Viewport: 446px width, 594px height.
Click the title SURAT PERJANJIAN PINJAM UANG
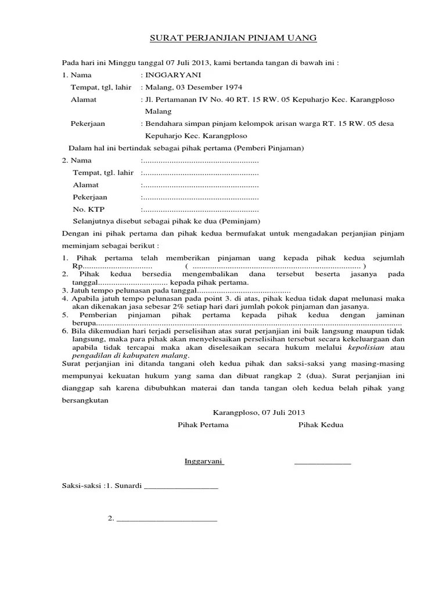tap(233, 38)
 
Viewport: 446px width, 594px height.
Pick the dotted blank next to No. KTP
tap(200, 209)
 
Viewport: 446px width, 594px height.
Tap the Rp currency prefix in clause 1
tap(67, 266)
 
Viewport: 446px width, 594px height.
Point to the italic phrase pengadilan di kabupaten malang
tap(131, 355)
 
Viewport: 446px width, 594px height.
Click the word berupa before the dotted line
tap(82, 323)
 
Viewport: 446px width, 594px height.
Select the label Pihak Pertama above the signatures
tap(203, 425)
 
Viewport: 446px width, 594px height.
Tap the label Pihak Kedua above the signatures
tap(321, 425)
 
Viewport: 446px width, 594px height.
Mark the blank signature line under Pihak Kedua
tap(323, 463)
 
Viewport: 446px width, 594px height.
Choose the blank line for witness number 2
tap(167, 519)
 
